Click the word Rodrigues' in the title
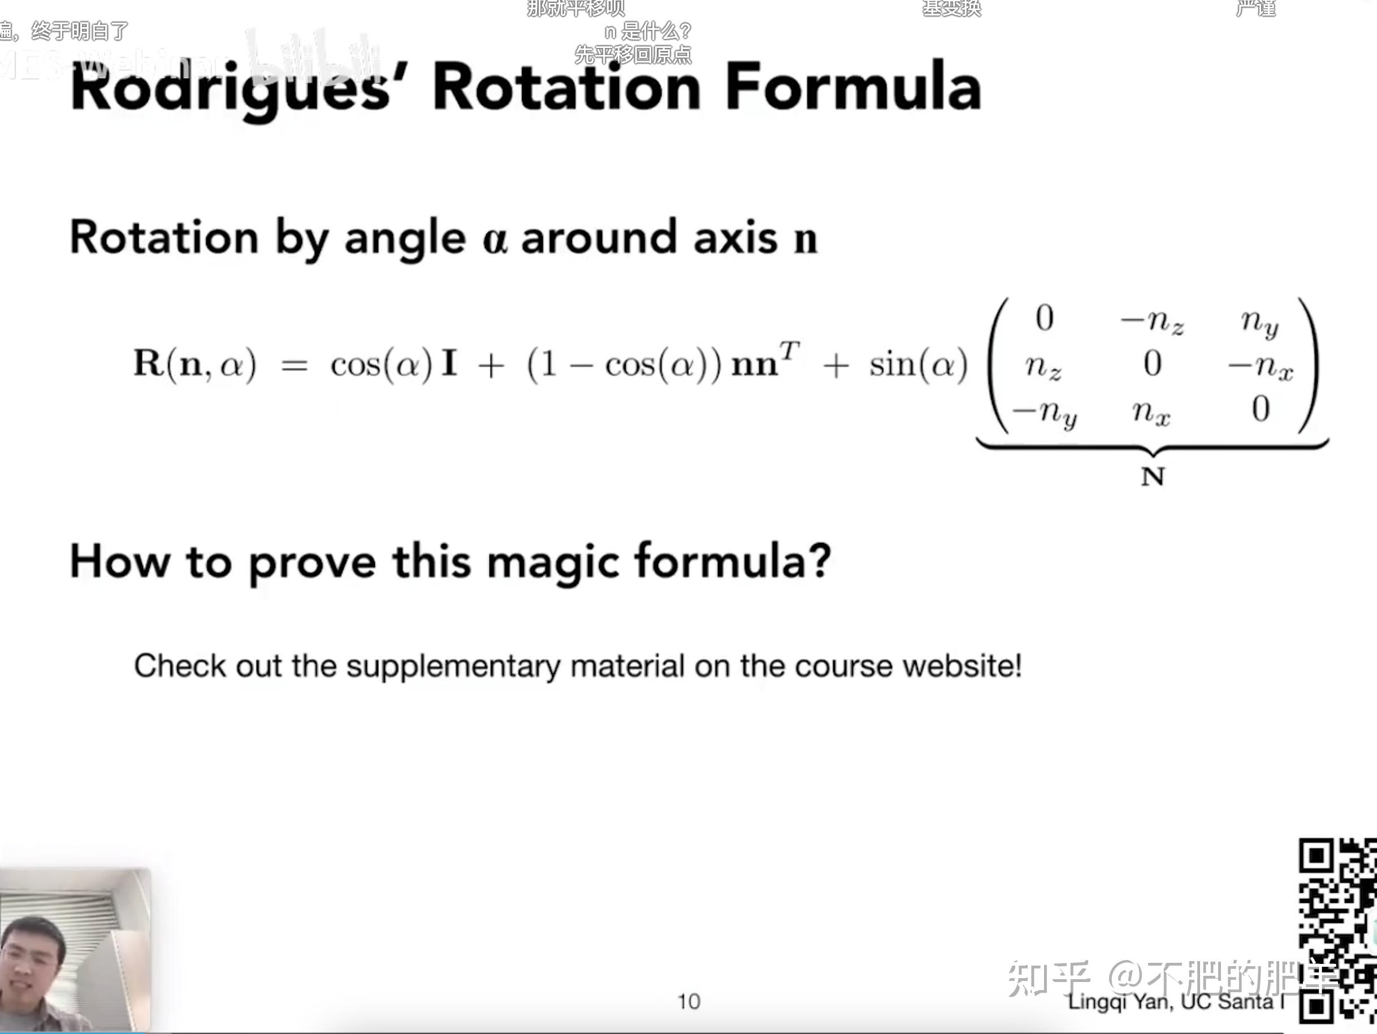tap(230, 88)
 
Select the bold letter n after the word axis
tap(805, 238)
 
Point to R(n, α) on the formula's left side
tap(195, 364)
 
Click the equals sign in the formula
tap(295, 366)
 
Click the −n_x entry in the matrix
tap(1260, 367)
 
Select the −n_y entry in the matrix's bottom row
tap(1044, 412)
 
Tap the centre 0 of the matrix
tap(1152, 363)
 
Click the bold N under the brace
tap(1152, 476)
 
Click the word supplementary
tap(453, 666)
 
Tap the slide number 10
tap(688, 1002)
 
